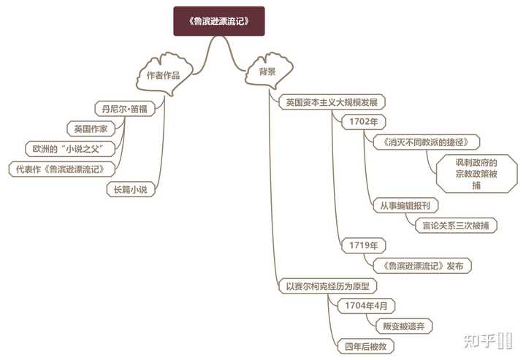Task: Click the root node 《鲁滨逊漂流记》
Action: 218,21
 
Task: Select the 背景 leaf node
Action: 267,72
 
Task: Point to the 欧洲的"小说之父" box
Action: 72,148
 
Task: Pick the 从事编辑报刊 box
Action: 405,205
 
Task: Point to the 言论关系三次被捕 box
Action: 454,225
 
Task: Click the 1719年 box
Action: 363,245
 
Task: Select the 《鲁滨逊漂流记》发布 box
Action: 422,266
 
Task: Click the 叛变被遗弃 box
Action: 399,325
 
